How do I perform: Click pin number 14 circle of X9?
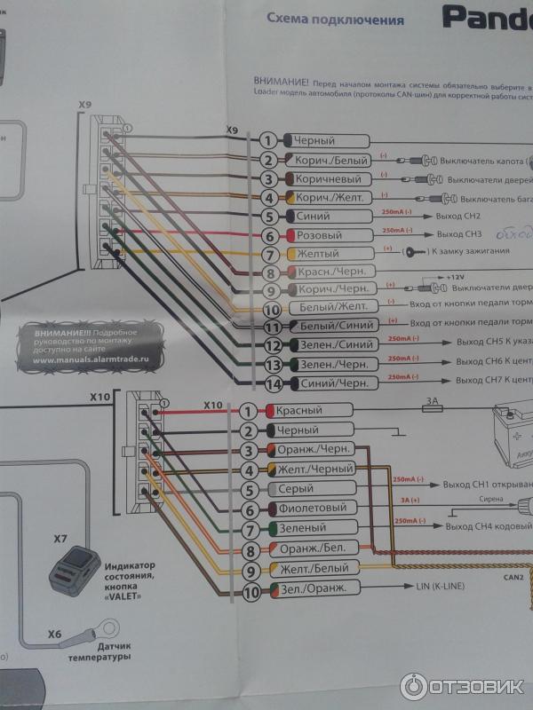tap(274, 383)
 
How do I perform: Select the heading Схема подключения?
tap(335, 20)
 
